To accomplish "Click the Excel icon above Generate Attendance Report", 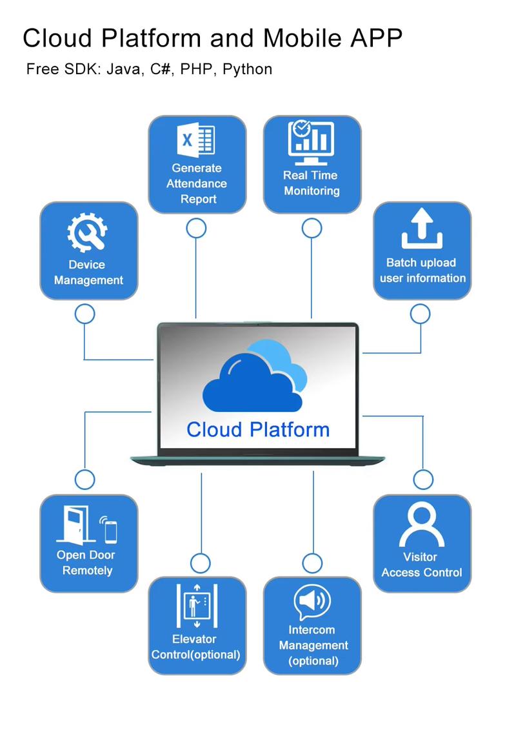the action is [x=196, y=140].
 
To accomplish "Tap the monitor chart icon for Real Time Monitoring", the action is [x=311, y=142].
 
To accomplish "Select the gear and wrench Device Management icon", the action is [x=87, y=232].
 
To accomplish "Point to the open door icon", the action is [x=75, y=525].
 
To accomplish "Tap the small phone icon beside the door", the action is [x=110, y=530].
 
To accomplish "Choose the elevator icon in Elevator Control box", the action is [x=197, y=606].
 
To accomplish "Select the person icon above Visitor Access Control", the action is [x=422, y=524].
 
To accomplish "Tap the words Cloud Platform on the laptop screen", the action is [x=258, y=430].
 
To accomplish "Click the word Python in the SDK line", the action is [x=248, y=69].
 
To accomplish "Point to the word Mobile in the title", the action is [x=301, y=38].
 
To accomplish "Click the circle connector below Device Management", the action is [x=84, y=314].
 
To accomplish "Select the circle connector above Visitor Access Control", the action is [x=423, y=480].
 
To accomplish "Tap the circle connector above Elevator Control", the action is [x=200, y=563].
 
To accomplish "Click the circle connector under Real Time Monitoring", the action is [x=312, y=229].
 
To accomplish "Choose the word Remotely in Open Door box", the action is [x=88, y=571].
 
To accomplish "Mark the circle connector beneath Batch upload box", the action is [x=420, y=314].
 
